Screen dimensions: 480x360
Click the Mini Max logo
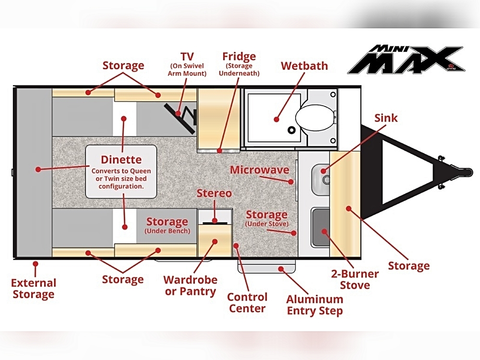(x=406, y=60)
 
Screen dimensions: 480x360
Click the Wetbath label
(x=304, y=66)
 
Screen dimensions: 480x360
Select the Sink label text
(x=386, y=118)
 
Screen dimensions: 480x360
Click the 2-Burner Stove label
(x=355, y=279)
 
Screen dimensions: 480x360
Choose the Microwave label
(x=260, y=170)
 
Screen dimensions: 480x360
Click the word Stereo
(x=214, y=193)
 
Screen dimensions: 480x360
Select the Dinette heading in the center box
(x=121, y=159)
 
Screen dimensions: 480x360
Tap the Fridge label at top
(x=239, y=56)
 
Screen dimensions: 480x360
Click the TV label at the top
(x=187, y=57)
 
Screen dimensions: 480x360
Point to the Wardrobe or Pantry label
(x=191, y=285)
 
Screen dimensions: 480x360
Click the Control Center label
(x=247, y=303)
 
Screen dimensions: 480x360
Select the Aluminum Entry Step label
(x=315, y=305)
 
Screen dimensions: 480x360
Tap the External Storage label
(x=34, y=288)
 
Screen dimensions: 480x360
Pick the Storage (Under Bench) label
(x=167, y=225)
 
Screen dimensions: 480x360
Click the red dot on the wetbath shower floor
(x=276, y=120)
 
